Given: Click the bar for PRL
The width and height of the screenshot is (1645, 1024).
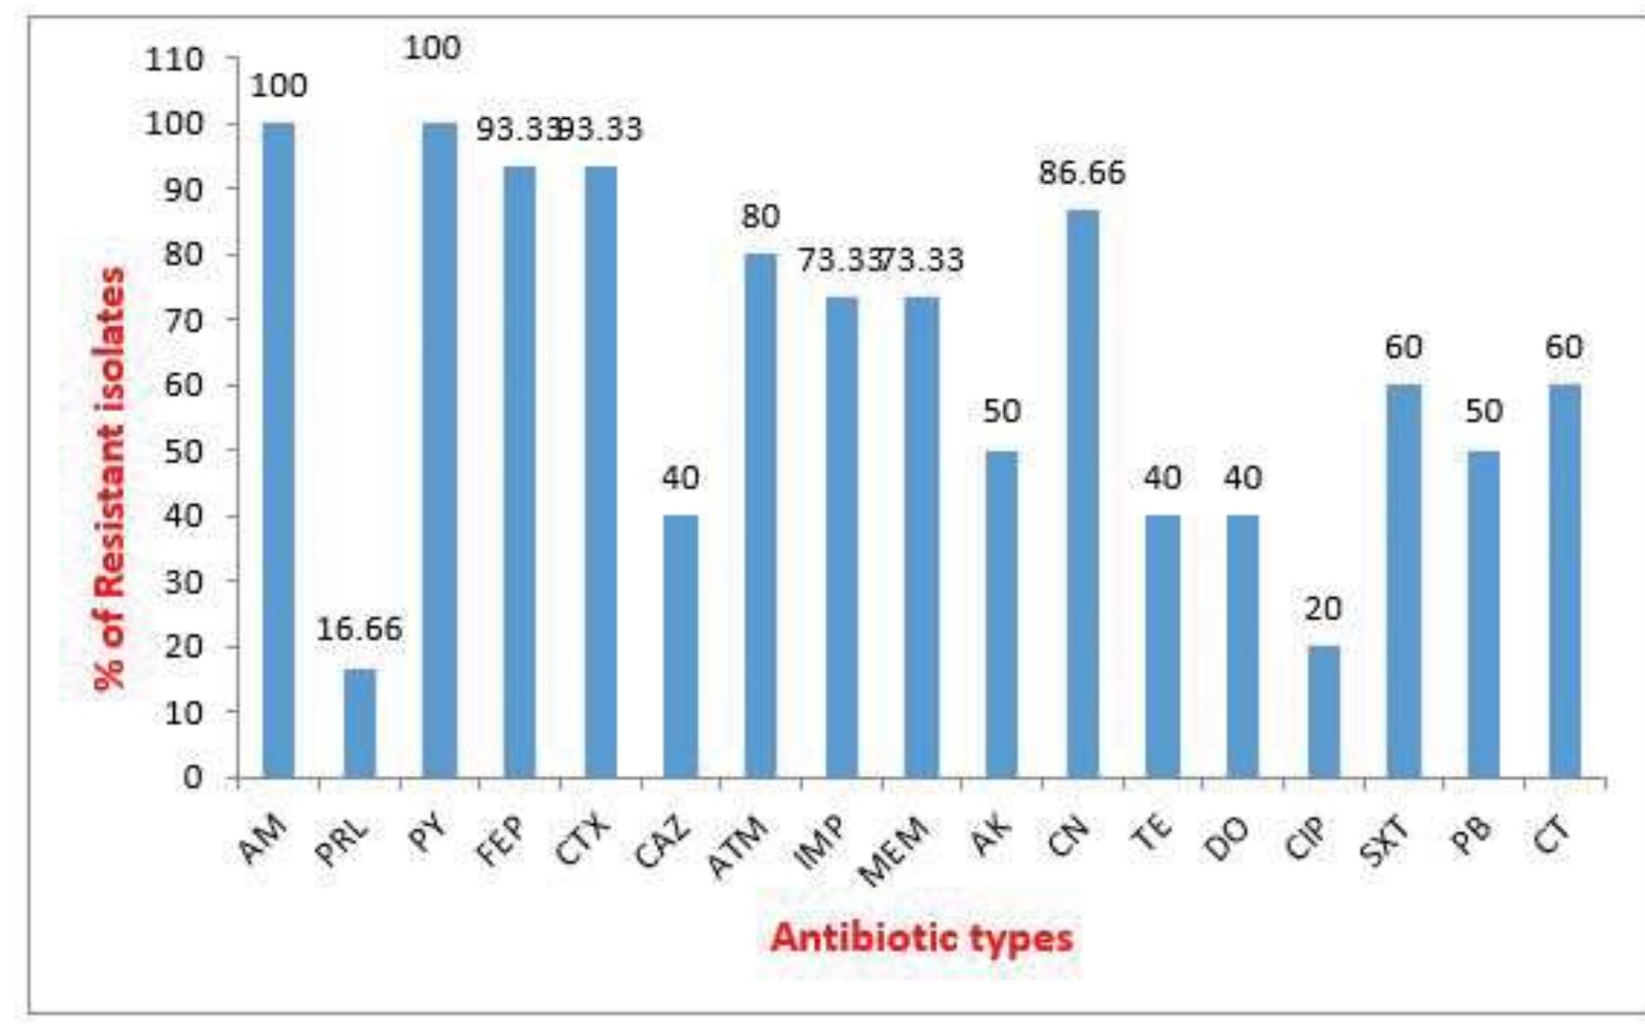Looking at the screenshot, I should pos(359,723).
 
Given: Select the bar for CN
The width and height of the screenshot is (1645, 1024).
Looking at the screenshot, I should pos(1082,493).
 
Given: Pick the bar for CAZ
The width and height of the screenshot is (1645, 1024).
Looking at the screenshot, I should pos(681,646).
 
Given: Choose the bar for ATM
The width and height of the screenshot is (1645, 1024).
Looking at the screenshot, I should pos(761,515).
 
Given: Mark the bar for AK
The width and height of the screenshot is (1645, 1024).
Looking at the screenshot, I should pos(1001,613).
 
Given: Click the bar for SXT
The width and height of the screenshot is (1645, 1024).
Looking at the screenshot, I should pos(1403,581).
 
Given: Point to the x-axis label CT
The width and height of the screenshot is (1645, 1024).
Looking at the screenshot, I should pos(1551,836).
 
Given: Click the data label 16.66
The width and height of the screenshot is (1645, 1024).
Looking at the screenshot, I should pos(359,629).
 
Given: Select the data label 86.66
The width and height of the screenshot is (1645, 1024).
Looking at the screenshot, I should pos(1082,172).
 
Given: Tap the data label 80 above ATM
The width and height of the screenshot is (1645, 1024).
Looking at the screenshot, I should pos(761,217).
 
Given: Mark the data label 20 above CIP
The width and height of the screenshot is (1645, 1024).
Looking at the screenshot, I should pos(1323,609).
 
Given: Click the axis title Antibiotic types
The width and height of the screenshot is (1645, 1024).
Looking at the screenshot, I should pos(921,937).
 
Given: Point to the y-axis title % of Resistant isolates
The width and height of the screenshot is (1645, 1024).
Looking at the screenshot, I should pos(111,479).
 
